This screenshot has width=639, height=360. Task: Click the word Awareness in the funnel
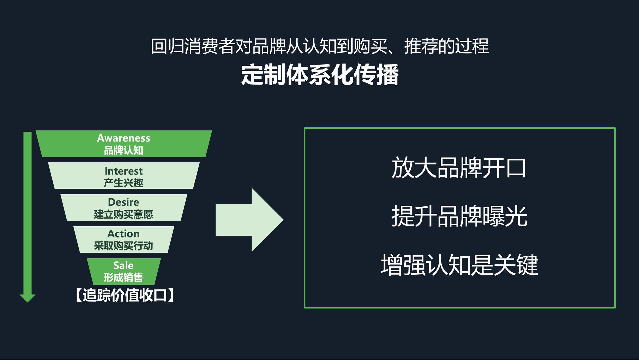123,138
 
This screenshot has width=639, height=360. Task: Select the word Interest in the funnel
123,171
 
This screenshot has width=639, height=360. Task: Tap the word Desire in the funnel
123,202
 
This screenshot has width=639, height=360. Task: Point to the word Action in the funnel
123,234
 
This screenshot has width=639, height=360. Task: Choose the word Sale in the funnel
123,265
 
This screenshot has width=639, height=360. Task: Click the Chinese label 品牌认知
123,150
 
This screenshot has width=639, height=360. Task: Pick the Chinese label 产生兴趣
123,183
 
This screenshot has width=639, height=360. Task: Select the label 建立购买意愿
123,214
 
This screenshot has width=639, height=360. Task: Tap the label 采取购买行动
123,246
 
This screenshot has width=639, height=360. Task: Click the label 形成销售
123,277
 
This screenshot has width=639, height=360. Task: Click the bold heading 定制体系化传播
320,75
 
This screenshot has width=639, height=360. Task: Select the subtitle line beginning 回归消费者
320,46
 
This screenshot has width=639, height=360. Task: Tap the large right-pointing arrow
250,220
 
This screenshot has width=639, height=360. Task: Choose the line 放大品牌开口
459,168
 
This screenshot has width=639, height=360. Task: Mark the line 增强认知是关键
460,265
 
